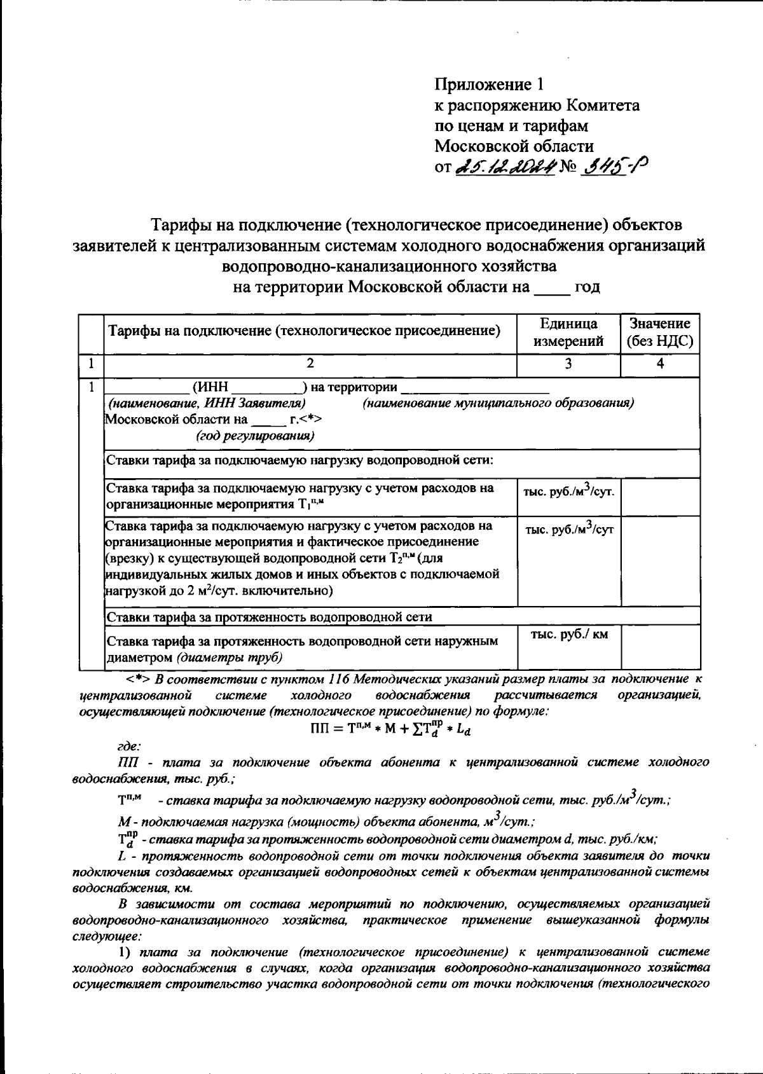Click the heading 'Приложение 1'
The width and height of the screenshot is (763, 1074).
490,84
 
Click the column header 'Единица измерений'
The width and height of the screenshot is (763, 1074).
568,333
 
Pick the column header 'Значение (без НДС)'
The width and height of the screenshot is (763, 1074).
660,333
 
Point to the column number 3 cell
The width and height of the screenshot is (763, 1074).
568,364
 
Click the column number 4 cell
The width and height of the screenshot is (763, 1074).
660,364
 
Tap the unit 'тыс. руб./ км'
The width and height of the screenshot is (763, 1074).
569,635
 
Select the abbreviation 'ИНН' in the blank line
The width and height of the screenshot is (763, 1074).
210,387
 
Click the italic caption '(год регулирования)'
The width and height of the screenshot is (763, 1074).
255,436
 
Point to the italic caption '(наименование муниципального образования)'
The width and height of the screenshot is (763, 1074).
498,403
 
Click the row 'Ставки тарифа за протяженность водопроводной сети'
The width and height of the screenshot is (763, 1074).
268,617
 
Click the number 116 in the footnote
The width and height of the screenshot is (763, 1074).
341,679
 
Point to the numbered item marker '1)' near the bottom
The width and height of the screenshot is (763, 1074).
125,952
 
